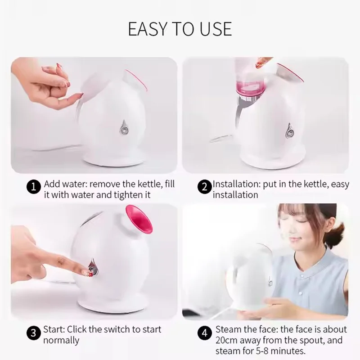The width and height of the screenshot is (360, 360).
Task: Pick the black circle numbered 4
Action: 204,333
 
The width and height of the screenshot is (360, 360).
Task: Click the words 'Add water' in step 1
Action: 63,184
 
